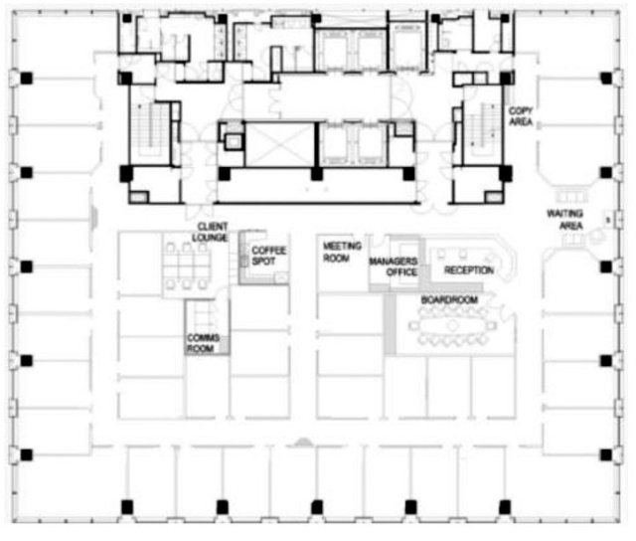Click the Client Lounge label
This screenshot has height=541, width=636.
[x=210, y=232]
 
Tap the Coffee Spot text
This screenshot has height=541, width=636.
[x=268, y=256]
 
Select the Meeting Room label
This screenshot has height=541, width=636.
[x=342, y=252]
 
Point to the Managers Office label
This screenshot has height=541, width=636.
[x=394, y=267]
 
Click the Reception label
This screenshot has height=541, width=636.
[x=469, y=270]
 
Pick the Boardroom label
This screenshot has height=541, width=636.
[x=449, y=300]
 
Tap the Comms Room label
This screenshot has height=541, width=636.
[x=203, y=343]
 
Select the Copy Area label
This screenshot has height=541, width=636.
[x=521, y=116]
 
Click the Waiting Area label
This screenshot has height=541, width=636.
[x=565, y=219]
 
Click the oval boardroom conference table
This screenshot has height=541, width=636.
[x=452, y=325]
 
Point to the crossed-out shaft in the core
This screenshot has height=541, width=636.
[x=280, y=144]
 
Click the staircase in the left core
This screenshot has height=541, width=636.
[x=153, y=125]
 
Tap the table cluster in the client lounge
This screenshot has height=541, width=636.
[x=187, y=266]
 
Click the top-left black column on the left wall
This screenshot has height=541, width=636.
[x=27, y=78]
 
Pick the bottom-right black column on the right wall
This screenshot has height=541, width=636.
[x=606, y=454]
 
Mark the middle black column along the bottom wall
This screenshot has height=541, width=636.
[x=317, y=507]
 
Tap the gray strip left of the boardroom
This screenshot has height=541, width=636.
[x=390, y=324]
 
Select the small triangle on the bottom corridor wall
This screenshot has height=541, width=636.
[x=302, y=443]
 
